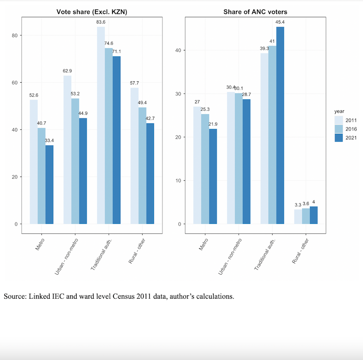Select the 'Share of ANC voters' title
point(255,11)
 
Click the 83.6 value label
point(101,22)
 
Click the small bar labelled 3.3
point(298,217)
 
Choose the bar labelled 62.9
point(67,150)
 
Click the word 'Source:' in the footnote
point(15,297)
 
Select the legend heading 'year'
point(339,111)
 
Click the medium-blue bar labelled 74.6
point(108,136)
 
